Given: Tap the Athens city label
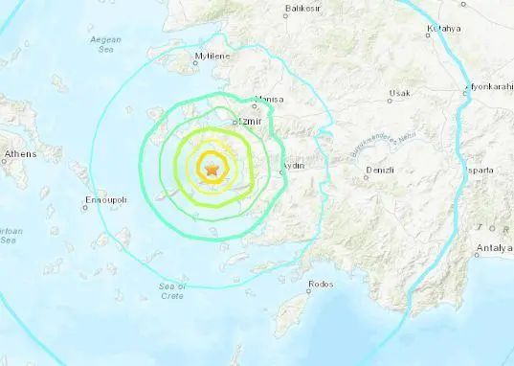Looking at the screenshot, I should [x=20, y=153].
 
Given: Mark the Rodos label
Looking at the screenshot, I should [x=321, y=285].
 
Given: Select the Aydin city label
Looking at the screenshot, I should [x=293, y=165].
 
